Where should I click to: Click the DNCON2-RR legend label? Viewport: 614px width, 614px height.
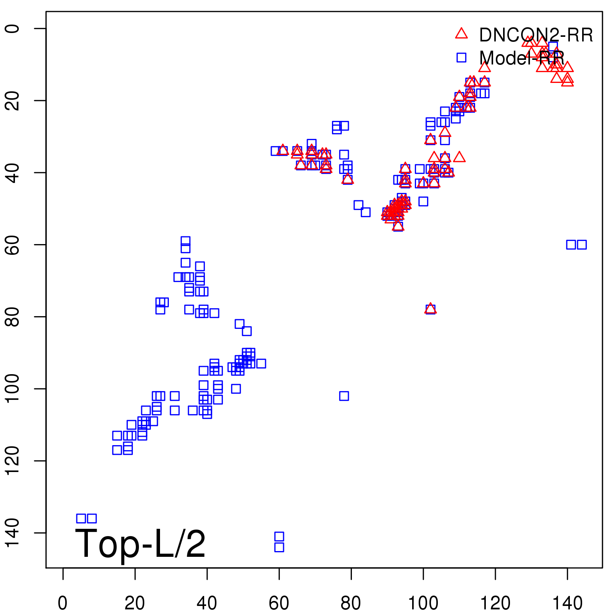click(x=536, y=35)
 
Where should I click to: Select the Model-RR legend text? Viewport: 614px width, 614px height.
click(x=522, y=58)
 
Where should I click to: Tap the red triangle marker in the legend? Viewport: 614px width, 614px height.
click(x=461, y=34)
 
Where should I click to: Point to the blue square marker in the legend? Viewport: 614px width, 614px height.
click(x=461, y=58)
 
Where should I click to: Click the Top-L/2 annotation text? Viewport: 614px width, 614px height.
click(x=140, y=544)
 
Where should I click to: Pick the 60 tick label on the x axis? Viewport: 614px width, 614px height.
click(x=279, y=603)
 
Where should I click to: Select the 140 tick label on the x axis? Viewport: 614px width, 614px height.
click(x=567, y=603)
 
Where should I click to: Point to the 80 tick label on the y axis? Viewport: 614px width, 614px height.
click(x=13, y=317)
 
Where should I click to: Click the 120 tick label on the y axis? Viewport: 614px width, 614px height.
click(x=13, y=460)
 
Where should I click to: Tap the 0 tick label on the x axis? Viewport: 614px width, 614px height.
click(x=63, y=603)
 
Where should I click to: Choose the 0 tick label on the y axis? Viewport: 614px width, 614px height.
click(x=13, y=28)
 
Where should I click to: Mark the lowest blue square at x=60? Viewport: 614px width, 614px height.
click(x=279, y=547)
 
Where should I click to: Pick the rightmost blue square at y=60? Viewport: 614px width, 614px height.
click(x=582, y=244)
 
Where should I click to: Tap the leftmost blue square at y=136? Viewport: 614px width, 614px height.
click(x=81, y=518)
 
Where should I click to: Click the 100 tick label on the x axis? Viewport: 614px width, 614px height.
click(x=423, y=603)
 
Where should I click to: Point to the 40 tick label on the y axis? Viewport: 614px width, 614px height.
click(x=13, y=173)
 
